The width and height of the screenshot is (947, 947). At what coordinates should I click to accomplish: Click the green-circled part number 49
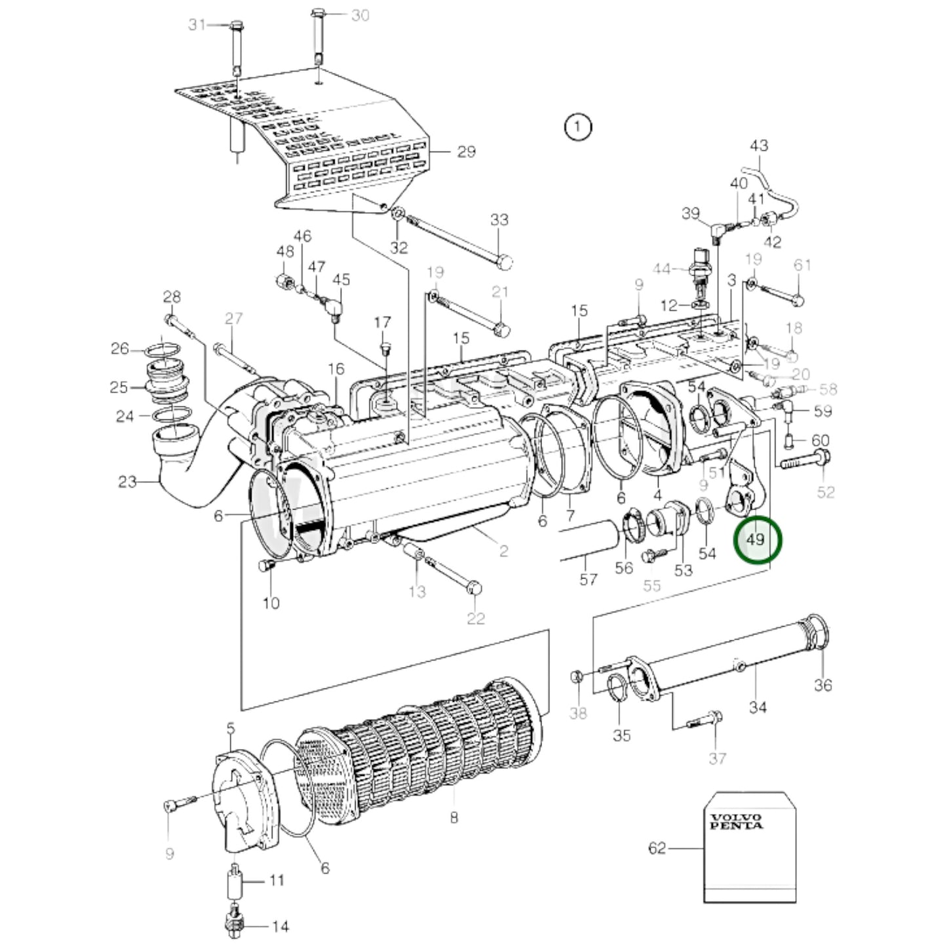(756, 539)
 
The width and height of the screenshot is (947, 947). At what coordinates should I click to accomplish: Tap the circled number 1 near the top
(577, 126)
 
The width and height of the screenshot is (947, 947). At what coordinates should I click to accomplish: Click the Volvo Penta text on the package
(736, 821)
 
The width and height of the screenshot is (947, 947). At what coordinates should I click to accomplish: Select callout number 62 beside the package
(657, 848)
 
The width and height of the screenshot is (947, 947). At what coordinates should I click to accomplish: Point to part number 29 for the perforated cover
(466, 151)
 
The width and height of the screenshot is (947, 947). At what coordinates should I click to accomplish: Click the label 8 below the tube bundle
(454, 817)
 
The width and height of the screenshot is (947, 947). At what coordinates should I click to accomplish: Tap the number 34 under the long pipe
(757, 707)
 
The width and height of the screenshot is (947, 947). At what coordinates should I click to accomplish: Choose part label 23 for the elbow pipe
(127, 482)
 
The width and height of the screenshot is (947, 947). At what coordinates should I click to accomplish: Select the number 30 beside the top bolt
(360, 15)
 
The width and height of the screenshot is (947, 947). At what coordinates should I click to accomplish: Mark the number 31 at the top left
(197, 24)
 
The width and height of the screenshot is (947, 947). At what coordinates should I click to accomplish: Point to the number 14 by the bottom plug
(280, 926)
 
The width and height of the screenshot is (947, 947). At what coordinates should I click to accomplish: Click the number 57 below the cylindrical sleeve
(588, 579)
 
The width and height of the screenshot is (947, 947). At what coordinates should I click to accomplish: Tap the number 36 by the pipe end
(822, 685)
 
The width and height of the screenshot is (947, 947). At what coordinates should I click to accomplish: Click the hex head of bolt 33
(503, 261)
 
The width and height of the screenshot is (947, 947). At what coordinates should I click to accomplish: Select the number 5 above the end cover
(230, 727)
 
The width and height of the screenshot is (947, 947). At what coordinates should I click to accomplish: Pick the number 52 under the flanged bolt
(825, 492)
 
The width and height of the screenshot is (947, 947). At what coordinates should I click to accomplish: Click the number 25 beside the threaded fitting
(119, 387)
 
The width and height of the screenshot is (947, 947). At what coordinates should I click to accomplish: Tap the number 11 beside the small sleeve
(277, 879)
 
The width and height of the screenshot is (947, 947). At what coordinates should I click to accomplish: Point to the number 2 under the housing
(503, 551)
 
